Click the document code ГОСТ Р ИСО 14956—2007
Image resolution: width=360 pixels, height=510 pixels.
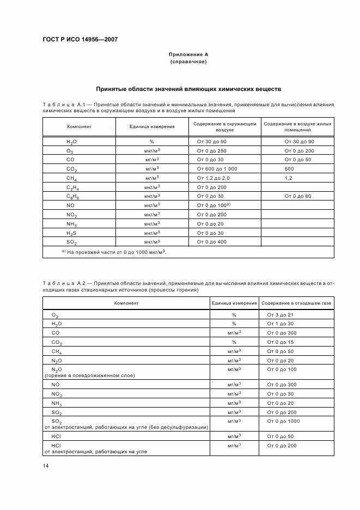(80, 40)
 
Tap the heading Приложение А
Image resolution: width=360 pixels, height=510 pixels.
(188, 54)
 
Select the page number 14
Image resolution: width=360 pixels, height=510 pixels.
(46, 465)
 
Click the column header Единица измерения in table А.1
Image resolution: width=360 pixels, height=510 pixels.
(152, 126)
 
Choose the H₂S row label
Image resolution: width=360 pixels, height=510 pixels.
(71, 233)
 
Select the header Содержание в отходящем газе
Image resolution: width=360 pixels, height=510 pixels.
(296, 302)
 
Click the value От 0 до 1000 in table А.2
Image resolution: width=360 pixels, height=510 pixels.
(283, 421)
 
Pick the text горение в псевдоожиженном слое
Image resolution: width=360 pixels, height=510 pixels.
(89, 375)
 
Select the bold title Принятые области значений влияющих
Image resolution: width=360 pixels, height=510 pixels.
(188, 88)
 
